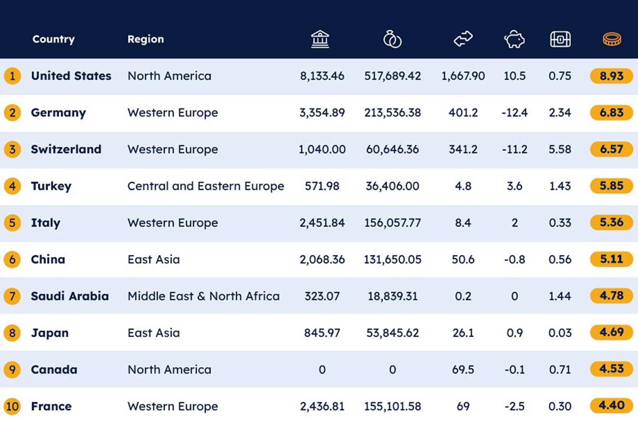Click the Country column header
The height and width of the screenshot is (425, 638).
click(x=54, y=39)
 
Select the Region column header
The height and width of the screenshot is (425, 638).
click(x=146, y=39)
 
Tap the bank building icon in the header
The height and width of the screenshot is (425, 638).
click(x=320, y=39)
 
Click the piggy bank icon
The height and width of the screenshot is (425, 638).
click(x=515, y=39)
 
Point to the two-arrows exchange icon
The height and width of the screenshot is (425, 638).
click(x=463, y=39)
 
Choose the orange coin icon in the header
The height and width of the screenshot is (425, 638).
click(x=612, y=39)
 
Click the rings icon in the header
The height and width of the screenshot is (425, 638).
click(x=392, y=39)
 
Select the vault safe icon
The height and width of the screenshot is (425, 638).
click(x=560, y=39)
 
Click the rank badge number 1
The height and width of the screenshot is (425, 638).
click(x=12, y=76)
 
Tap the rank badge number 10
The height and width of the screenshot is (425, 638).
click(x=12, y=406)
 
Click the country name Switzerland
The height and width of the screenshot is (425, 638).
click(x=66, y=149)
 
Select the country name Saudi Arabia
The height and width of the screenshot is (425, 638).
click(x=70, y=296)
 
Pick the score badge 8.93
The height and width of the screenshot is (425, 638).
click(x=611, y=76)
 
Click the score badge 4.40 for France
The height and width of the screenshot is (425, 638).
click(x=611, y=405)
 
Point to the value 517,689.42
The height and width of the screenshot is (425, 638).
click(x=392, y=76)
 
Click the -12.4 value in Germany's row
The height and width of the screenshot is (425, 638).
click(x=515, y=113)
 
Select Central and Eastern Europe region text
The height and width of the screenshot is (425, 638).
click(x=206, y=186)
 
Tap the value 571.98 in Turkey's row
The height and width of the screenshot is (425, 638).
click(x=322, y=186)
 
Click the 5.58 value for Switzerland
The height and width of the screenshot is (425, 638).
click(x=560, y=149)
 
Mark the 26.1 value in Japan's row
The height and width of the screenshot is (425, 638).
click(x=463, y=333)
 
